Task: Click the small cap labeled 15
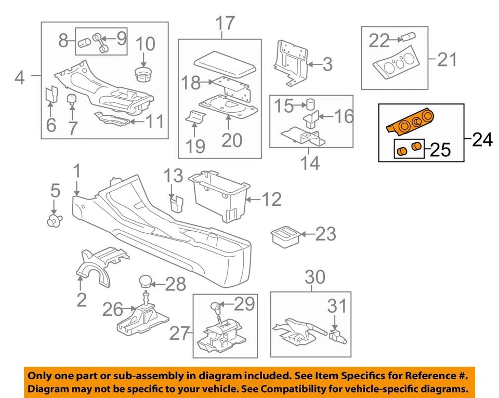[x=311, y=104]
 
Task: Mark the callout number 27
[x=180, y=334]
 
